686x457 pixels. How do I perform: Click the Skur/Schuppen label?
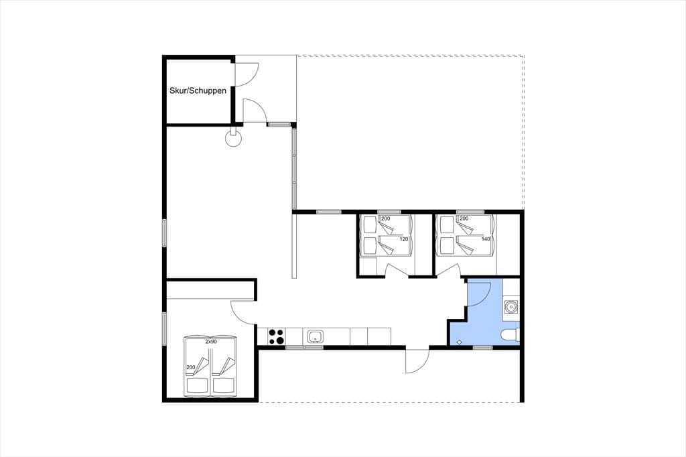pyautogui.click(x=198, y=90)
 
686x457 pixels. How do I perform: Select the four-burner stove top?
pyautogui.click(x=276, y=336)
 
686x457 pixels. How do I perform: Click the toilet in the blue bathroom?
pyautogui.click(x=510, y=335)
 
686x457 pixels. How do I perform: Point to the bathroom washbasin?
pyautogui.click(x=510, y=306)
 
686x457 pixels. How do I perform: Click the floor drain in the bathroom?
pyautogui.click(x=460, y=342)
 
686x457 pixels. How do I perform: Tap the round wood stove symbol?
pyautogui.click(x=233, y=137)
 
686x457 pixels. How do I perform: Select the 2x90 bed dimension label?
pyautogui.click(x=211, y=342)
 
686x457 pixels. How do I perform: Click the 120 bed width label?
pyautogui.click(x=403, y=239)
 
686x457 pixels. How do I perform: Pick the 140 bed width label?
pyautogui.click(x=485, y=239)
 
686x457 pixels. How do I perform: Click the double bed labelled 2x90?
pyautogui.click(x=210, y=367)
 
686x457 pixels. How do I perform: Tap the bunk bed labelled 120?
pyautogui.click(x=387, y=235)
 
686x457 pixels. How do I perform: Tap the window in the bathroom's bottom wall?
pyautogui.click(x=483, y=348)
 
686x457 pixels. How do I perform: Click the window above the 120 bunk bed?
pyautogui.click(x=389, y=212)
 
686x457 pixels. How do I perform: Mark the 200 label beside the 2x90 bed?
pyautogui.click(x=191, y=367)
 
